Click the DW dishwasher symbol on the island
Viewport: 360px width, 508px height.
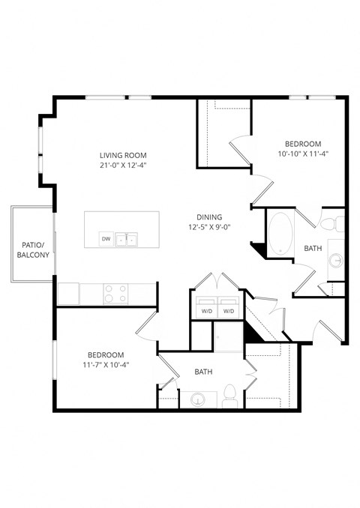tap(106, 240)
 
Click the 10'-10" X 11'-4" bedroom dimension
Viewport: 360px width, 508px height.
tap(303, 154)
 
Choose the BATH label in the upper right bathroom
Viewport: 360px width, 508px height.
tap(313, 248)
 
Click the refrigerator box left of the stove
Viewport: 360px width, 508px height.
tap(69, 293)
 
